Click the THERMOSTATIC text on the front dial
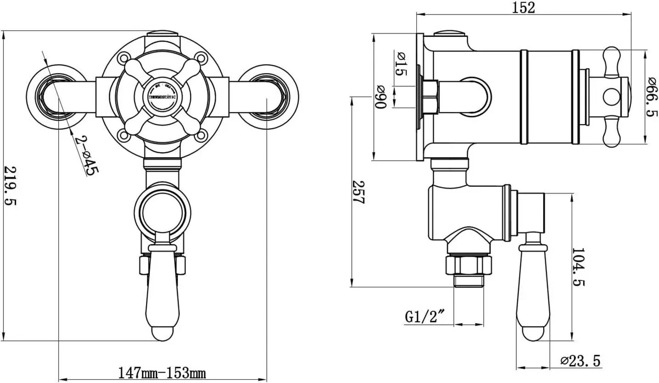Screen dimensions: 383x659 (163, 97)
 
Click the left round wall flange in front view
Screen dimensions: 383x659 (52, 93)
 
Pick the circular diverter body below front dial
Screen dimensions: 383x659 (163, 208)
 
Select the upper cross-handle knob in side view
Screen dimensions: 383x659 (611, 60)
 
